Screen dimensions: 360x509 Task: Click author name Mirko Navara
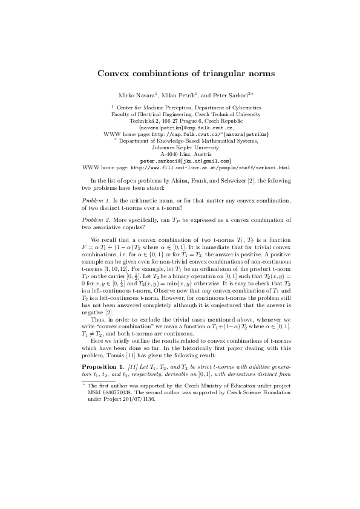click(x=140, y=96)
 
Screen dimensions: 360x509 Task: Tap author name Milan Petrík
click(x=180, y=96)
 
